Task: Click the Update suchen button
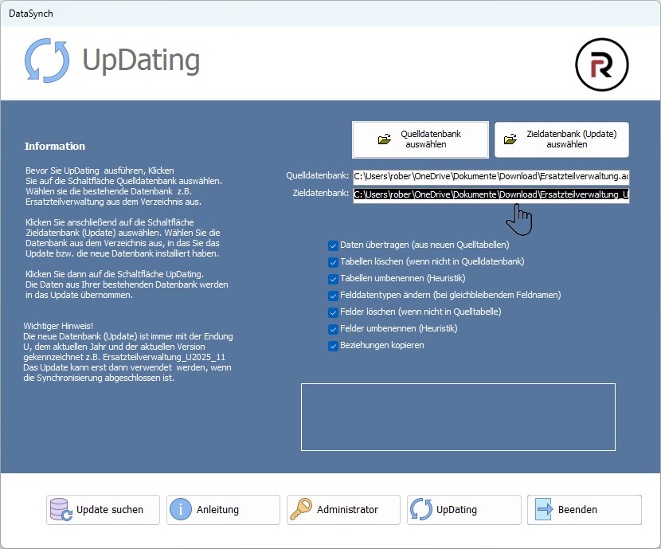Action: (x=103, y=510)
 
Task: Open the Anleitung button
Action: (x=223, y=510)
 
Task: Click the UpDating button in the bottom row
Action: (x=464, y=510)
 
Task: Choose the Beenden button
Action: (x=585, y=510)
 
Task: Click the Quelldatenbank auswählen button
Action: (x=420, y=139)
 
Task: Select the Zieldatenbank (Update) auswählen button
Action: (x=561, y=139)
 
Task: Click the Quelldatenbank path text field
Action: (x=491, y=177)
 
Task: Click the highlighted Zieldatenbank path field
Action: (x=491, y=194)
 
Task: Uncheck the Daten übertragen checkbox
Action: (x=333, y=245)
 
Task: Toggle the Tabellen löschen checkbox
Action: (x=333, y=262)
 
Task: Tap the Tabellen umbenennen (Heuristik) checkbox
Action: (x=333, y=279)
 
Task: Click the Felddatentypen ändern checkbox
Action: (x=333, y=296)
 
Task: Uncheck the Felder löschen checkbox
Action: (x=333, y=312)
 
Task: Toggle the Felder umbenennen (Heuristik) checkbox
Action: (x=333, y=329)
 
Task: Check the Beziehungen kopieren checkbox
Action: (x=333, y=346)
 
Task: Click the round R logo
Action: (x=601, y=65)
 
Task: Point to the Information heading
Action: (x=55, y=147)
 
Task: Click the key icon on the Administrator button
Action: (x=301, y=509)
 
